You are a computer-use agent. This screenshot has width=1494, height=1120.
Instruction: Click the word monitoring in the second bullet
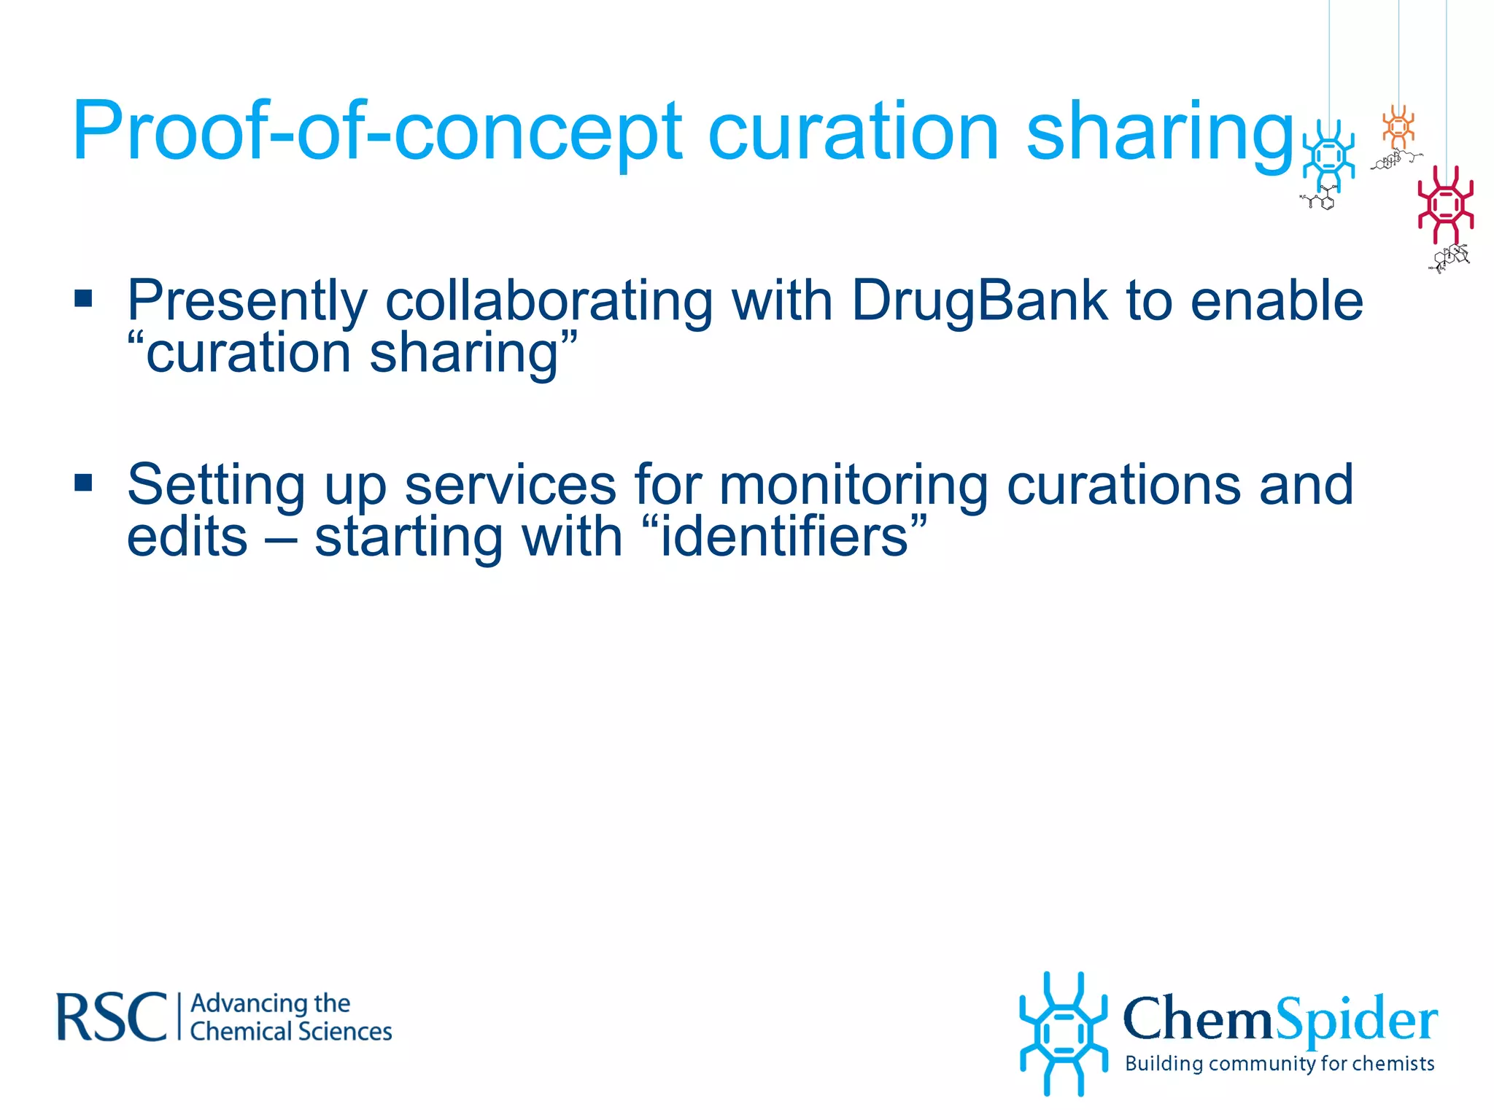click(853, 486)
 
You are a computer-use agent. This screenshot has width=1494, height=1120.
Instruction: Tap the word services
click(510, 486)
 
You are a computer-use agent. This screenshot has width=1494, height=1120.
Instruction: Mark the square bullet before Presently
click(83, 298)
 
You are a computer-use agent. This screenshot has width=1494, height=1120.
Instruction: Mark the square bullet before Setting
click(83, 483)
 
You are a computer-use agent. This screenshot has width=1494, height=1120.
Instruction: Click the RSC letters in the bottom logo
click(112, 1016)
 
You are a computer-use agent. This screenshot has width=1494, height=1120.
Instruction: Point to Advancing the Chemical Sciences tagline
click(290, 1017)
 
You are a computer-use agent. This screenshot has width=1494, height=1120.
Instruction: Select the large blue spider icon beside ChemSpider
click(1063, 1033)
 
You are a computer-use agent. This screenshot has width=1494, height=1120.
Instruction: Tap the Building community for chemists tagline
click(1280, 1064)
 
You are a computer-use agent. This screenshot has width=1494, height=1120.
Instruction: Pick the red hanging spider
click(1445, 204)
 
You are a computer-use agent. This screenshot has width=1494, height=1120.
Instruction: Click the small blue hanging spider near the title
click(1328, 155)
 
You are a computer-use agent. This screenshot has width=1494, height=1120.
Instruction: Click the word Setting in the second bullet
click(216, 486)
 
